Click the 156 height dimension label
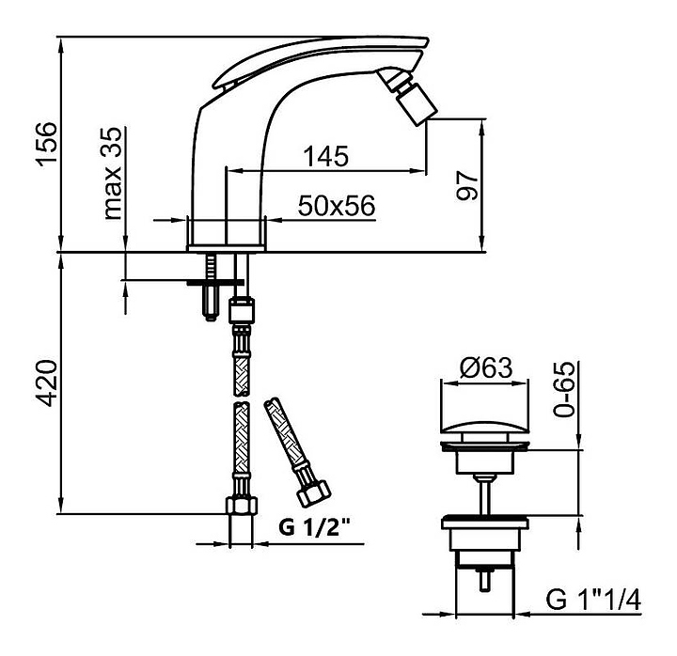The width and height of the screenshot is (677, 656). (x=47, y=144)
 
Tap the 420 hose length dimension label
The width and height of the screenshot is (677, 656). (x=47, y=383)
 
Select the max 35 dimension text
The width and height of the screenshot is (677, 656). (x=113, y=173)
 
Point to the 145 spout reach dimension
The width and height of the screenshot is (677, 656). (x=326, y=156)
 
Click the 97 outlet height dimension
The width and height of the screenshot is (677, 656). (x=467, y=185)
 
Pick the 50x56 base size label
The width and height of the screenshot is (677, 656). (x=337, y=206)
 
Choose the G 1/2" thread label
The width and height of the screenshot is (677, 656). (x=314, y=526)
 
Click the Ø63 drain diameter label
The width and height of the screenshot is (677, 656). (x=486, y=368)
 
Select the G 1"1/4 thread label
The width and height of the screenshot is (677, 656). (x=593, y=600)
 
